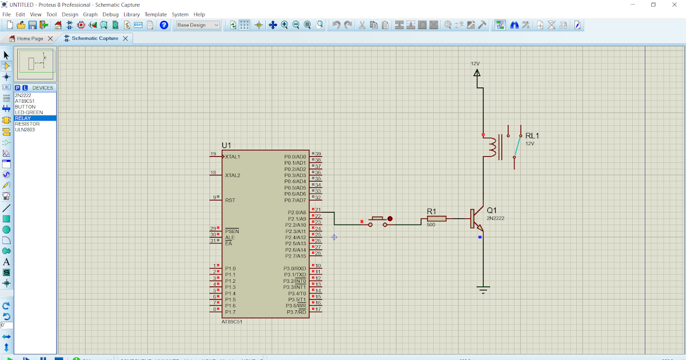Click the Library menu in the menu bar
point(131,14)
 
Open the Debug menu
point(110,14)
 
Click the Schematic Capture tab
point(95,38)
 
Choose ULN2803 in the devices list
point(25,130)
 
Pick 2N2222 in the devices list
point(23,95)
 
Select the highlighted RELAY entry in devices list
point(23,118)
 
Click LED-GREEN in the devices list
point(29,113)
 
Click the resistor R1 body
point(437,218)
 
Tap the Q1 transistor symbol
point(476,218)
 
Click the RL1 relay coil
point(490,147)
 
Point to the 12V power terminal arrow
point(477,73)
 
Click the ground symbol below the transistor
point(484,290)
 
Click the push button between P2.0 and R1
point(377,219)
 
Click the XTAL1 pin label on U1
point(233,157)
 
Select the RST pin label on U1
point(230,201)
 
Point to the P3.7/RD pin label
point(296,312)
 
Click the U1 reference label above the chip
point(226,146)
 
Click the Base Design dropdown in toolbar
point(198,25)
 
